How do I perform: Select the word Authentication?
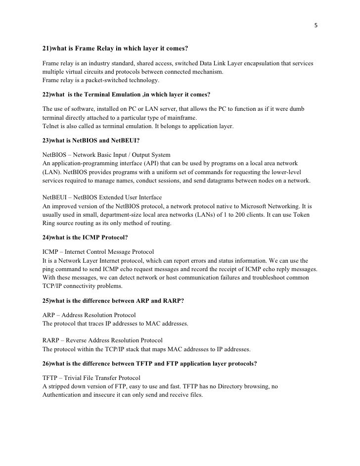64,395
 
